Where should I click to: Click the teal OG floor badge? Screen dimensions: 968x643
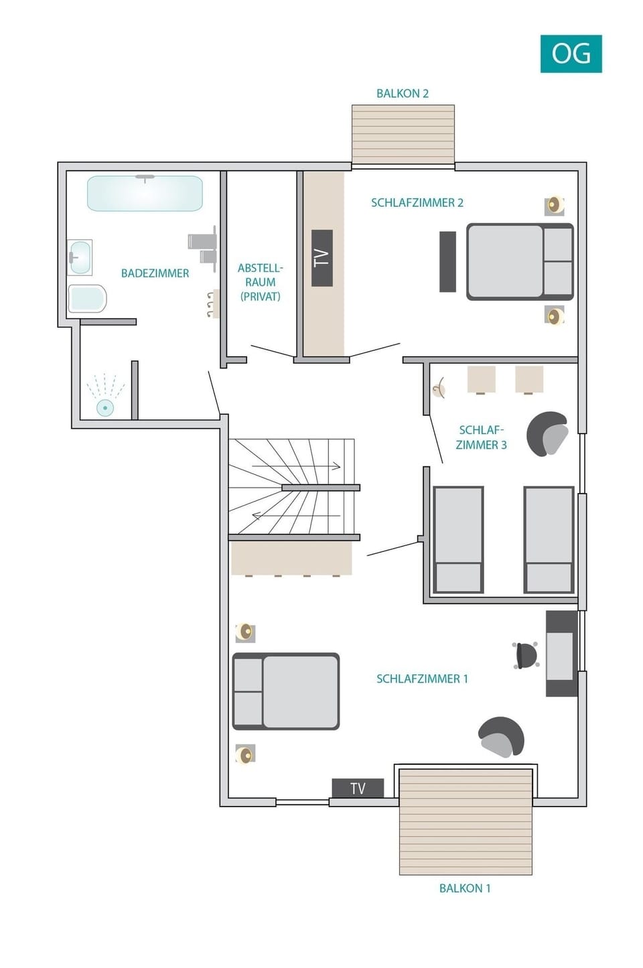(x=571, y=54)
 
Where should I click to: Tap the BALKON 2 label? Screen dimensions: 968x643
(x=402, y=94)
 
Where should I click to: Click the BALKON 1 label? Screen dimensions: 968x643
(x=465, y=888)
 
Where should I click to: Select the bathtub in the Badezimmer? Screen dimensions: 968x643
(x=145, y=194)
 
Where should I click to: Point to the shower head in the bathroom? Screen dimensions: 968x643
(x=105, y=407)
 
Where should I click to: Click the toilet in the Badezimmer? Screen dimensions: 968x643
(x=88, y=299)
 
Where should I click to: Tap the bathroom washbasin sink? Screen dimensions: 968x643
(x=80, y=257)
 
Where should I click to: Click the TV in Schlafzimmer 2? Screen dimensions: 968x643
(x=322, y=258)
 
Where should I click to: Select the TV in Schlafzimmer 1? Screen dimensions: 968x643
(x=358, y=788)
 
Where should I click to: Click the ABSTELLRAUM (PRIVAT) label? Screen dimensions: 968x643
(x=260, y=282)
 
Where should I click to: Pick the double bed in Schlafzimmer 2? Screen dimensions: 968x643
(x=520, y=261)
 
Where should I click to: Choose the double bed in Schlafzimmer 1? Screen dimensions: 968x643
(x=286, y=691)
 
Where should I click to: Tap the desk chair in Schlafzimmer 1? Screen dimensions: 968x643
(x=526, y=655)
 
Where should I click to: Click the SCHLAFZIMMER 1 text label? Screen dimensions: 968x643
(x=422, y=679)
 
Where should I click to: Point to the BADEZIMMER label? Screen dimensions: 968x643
(x=155, y=273)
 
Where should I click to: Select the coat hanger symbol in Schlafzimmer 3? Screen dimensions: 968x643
(x=439, y=388)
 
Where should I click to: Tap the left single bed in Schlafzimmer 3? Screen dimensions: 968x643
(x=458, y=539)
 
